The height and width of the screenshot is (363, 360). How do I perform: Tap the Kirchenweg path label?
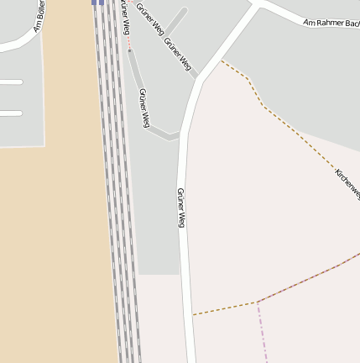(x=347, y=183)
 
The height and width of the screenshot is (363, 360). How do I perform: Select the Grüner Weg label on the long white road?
(x=180, y=208)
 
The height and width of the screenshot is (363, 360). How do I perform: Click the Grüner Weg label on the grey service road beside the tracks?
(x=144, y=108)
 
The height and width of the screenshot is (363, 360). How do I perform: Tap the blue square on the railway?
(x=98, y=3)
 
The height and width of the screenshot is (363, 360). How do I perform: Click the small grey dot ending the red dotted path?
(x=129, y=50)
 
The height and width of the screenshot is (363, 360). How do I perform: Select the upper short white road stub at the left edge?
(x=10, y=82)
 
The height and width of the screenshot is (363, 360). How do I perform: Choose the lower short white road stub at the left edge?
(x=10, y=113)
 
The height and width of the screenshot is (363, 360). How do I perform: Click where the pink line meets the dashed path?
(x=258, y=302)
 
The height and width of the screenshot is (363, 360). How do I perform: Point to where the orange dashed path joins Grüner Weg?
(x=192, y=314)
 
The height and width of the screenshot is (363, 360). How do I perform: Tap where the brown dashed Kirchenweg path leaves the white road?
(x=221, y=60)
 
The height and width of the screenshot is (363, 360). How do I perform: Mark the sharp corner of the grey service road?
(x=177, y=135)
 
